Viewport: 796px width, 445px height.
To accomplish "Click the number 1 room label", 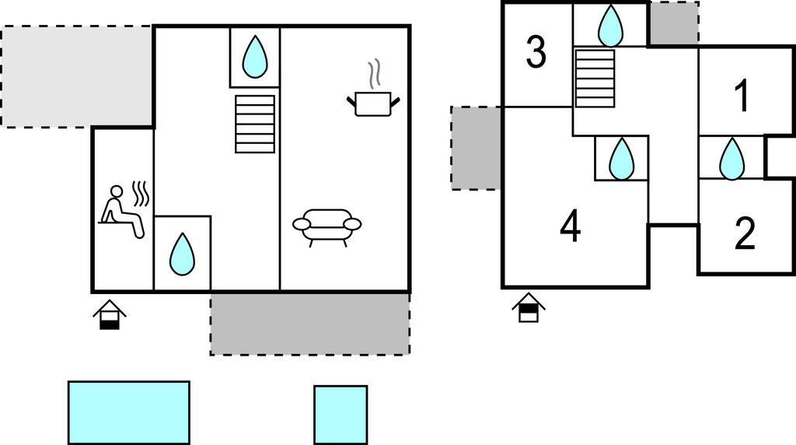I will (x=742, y=96).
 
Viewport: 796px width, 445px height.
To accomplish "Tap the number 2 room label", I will (x=745, y=234).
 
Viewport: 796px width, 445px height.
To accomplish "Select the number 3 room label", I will (x=536, y=53).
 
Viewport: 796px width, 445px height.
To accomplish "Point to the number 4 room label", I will (x=571, y=226).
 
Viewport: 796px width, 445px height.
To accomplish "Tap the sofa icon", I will (x=326, y=226).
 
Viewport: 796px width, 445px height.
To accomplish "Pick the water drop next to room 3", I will (x=610, y=26).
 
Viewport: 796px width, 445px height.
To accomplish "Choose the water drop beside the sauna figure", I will (x=182, y=254).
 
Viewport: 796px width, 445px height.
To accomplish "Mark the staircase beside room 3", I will (x=595, y=77).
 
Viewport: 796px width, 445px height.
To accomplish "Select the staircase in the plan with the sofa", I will (x=255, y=124).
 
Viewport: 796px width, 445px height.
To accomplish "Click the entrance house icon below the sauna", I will (x=110, y=314).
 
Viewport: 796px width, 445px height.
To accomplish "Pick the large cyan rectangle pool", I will (x=129, y=412).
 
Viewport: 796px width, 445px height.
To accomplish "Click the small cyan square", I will (x=340, y=415).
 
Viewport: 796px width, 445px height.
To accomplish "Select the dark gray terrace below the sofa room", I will (x=310, y=324).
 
